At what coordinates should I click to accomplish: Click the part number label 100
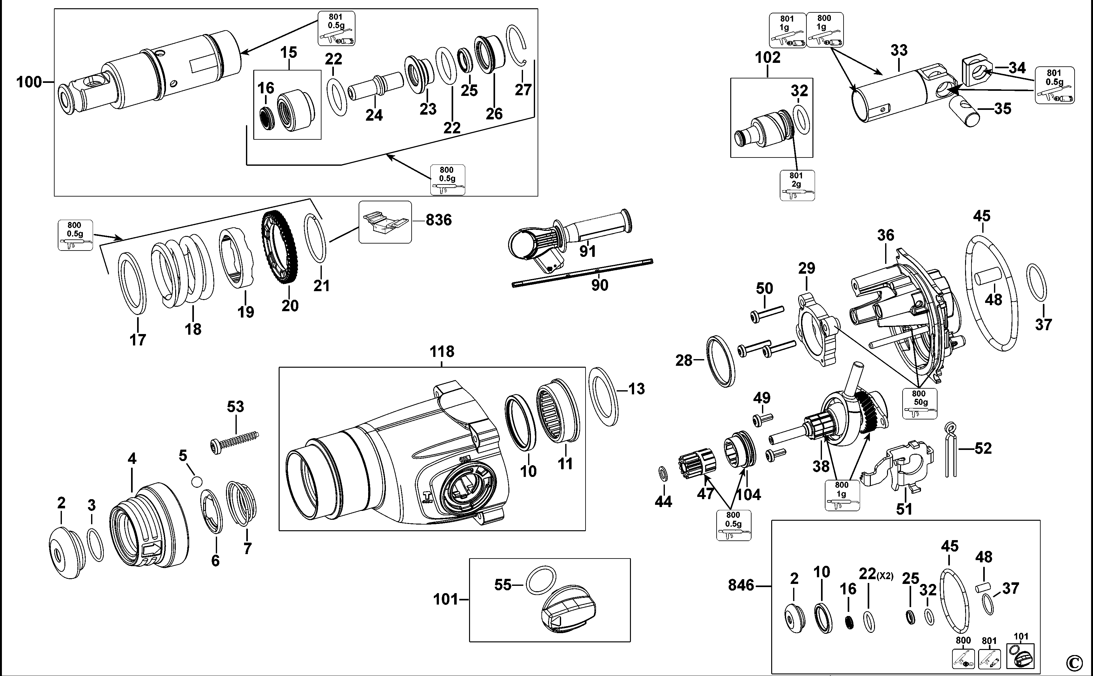click(x=29, y=82)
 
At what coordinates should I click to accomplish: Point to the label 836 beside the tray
click(x=438, y=220)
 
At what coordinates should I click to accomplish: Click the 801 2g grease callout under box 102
click(x=797, y=185)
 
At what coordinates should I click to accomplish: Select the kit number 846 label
click(x=740, y=585)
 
